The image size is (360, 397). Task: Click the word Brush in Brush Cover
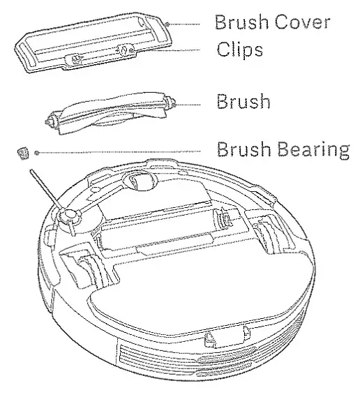235,23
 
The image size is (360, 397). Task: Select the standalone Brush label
242,103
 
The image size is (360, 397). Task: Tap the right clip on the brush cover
124,51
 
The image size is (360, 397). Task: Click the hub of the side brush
68,218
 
